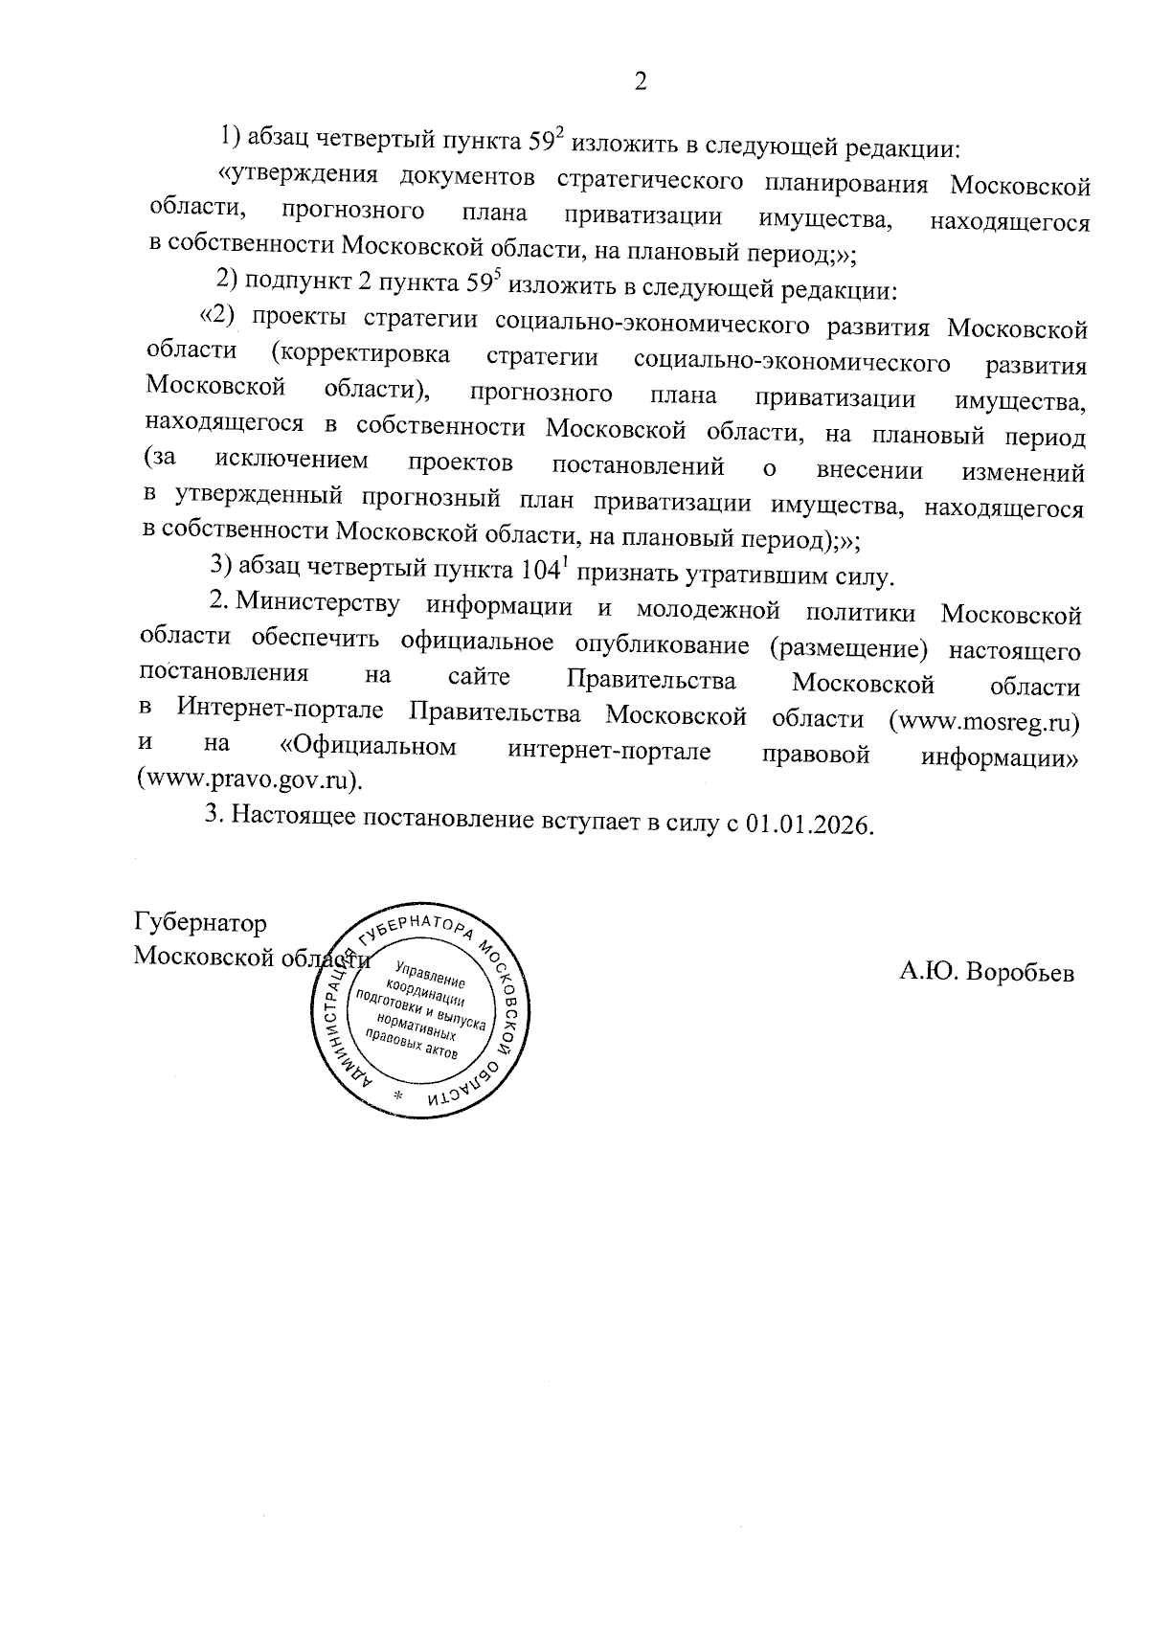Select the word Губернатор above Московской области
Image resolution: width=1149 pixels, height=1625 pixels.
199,923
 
